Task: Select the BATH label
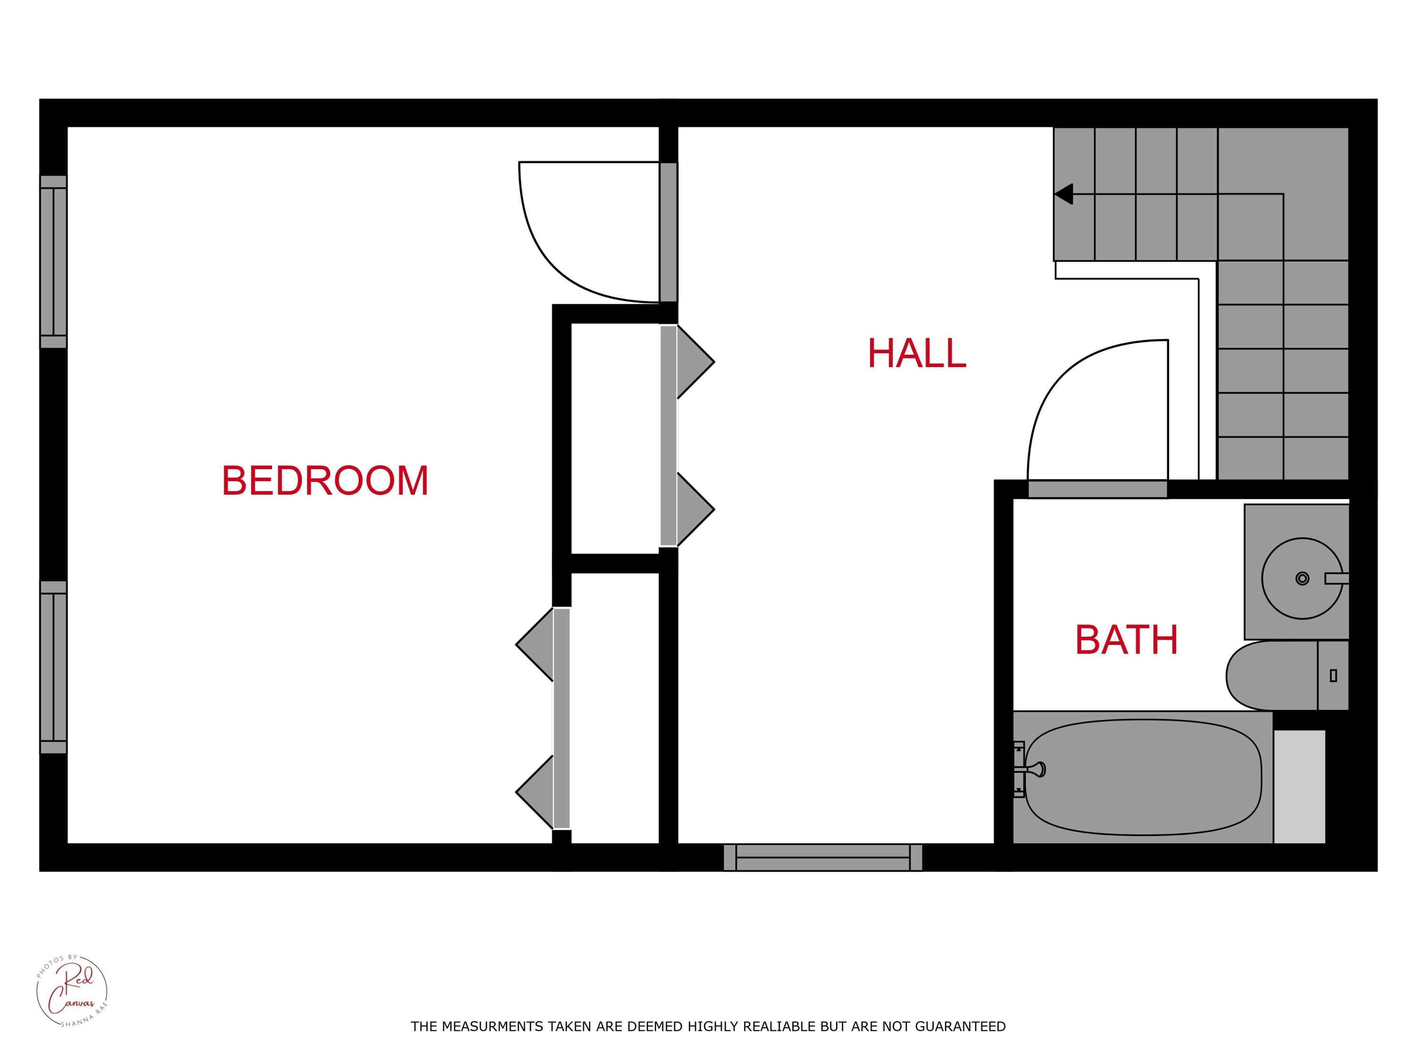click(x=1126, y=640)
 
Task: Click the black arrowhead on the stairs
click(x=1063, y=194)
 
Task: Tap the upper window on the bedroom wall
click(x=53, y=261)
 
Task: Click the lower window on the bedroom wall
click(x=53, y=667)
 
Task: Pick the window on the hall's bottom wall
click(x=823, y=857)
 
